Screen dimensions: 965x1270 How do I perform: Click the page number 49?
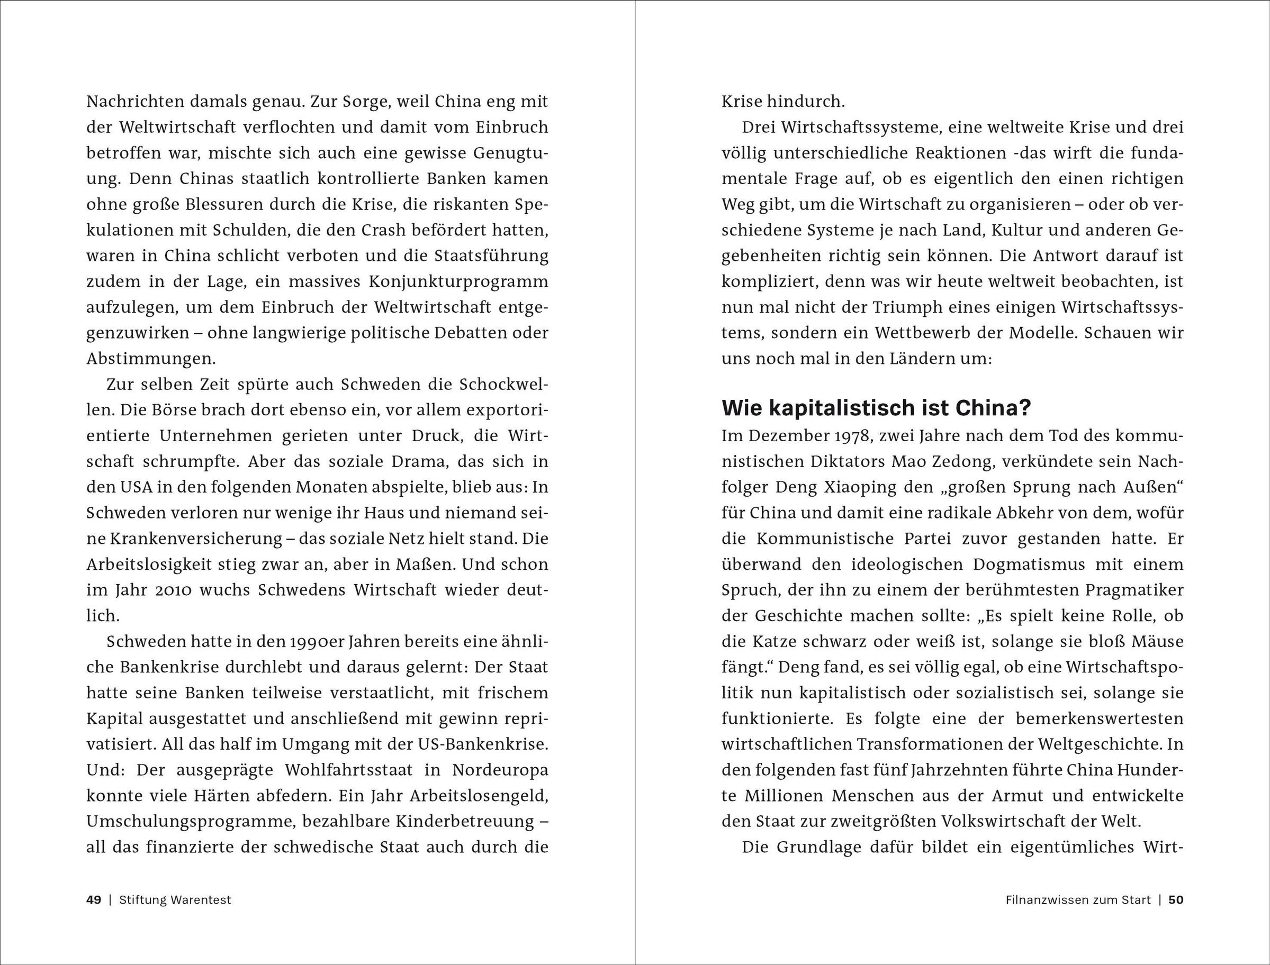click(x=94, y=899)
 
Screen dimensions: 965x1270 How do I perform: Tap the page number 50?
click(x=1176, y=899)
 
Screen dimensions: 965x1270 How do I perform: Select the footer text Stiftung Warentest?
click(x=175, y=899)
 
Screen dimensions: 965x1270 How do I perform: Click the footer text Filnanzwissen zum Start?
click(x=1078, y=899)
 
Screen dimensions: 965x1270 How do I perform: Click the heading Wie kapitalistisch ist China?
click(x=876, y=408)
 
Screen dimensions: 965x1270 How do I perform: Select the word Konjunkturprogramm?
click(x=458, y=282)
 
